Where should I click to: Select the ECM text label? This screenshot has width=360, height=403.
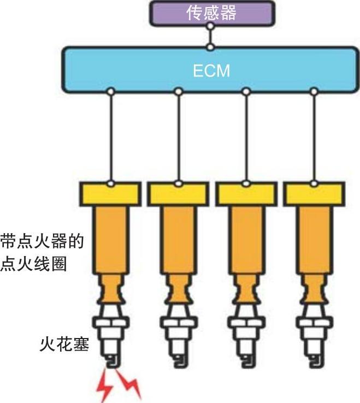click(211, 71)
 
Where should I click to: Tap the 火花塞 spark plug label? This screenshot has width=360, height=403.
click(64, 345)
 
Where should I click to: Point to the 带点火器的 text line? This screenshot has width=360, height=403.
click(42, 241)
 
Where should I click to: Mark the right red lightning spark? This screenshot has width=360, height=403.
click(131, 386)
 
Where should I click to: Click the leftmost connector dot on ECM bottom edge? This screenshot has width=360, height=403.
click(110, 92)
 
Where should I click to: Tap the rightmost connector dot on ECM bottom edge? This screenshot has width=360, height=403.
click(314, 92)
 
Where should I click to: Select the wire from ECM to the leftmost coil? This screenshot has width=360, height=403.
click(110, 137)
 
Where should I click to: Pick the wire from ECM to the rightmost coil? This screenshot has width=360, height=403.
click(314, 137)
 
